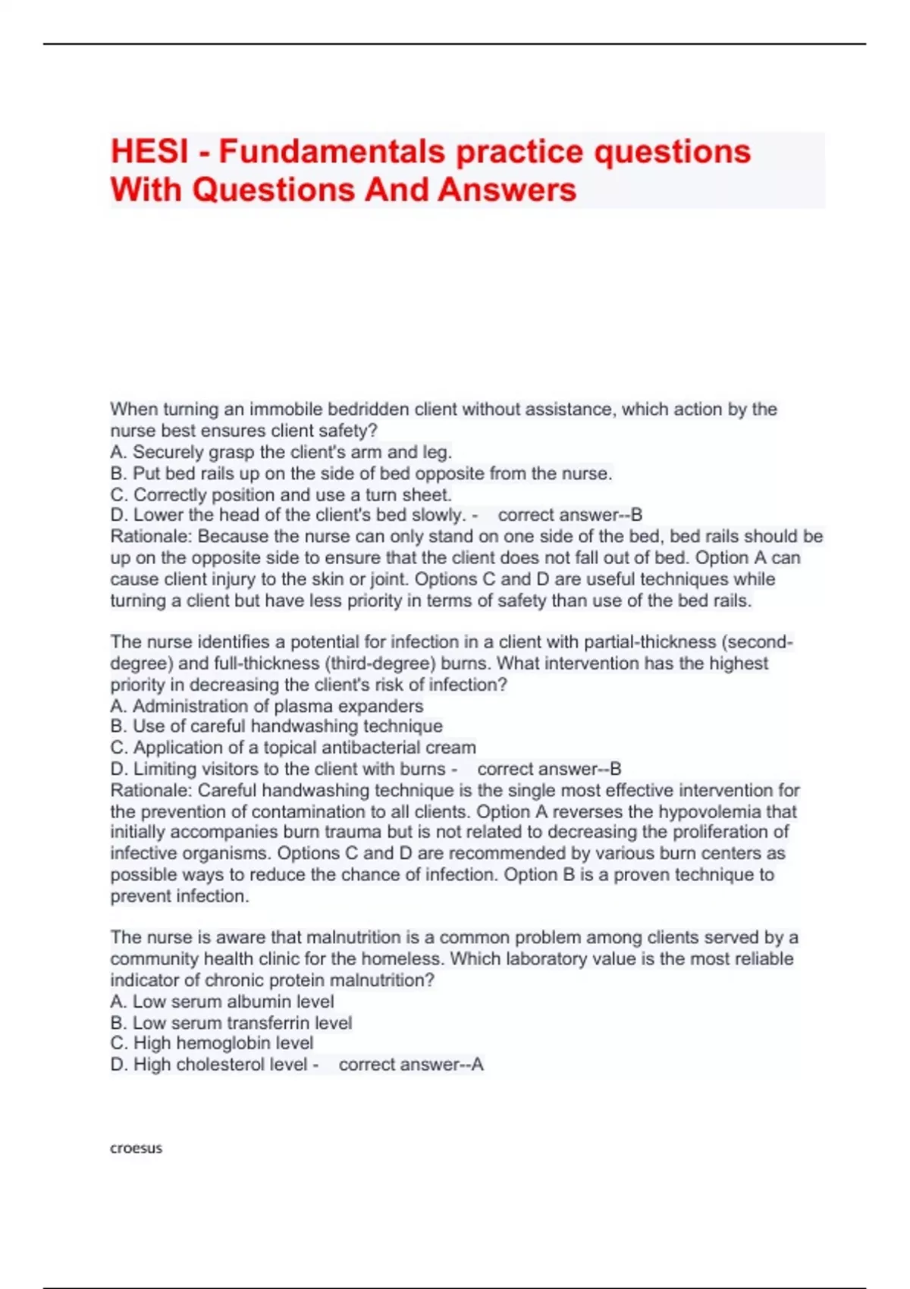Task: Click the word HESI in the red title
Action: pyautogui.click(x=149, y=152)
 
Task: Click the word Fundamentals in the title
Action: pyautogui.click(x=332, y=152)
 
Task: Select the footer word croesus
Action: pyautogui.click(x=136, y=1148)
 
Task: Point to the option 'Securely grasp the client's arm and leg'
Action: pyautogui.click(x=281, y=453)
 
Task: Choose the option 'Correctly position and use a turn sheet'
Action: pyautogui.click(x=281, y=495)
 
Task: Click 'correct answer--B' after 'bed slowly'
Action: pyautogui.click(x=570, y=516)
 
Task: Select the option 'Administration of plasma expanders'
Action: pyautogui.click(x=267, y=706)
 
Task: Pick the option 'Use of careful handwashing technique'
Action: pyautogui.click(x=277, y=726)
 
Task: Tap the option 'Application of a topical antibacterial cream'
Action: pyautogui.click(x=293, y=748)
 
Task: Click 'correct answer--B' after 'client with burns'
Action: pyautogui.click(x=549, y=769)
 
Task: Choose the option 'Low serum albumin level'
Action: pyautogui.click(x=222, y=1002)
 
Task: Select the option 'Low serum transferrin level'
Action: pyautogui.click(x=231, y=1023)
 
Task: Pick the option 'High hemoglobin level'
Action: pyautogui.click(x=212, y=1043)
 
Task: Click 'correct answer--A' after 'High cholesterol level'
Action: pyautogui.click(x=410, y=1065)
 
